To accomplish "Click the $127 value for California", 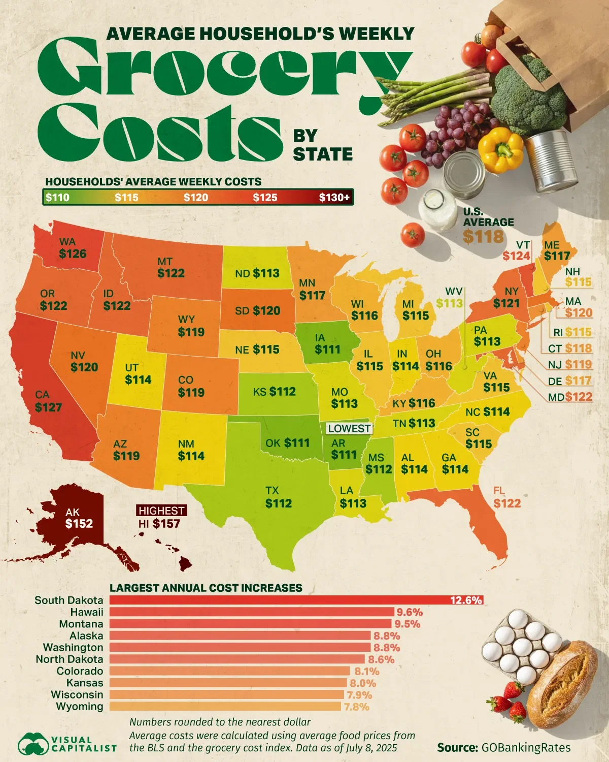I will (x=49, y=407).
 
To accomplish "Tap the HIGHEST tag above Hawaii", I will (x=161, y=511).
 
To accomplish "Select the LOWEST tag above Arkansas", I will (x=349, y=428).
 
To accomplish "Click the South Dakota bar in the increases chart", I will (x=296, y=600).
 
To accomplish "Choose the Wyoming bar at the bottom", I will (x=225, y=706).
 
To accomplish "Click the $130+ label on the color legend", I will (x=334, y=198).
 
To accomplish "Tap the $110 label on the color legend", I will (x=57, y=198).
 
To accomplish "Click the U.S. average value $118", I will (x=483, y=236).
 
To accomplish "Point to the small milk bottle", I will (x=437, y=209).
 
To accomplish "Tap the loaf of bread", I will (x=562, y=683).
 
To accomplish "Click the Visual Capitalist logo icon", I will (x=32, y=744).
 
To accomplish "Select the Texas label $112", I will (x=279, y=503).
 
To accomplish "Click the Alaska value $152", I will (x=79, y=523).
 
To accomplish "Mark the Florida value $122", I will (x=507, y=503).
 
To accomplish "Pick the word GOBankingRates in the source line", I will (x=526, y=747).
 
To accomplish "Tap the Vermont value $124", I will (x=516, y=256).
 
